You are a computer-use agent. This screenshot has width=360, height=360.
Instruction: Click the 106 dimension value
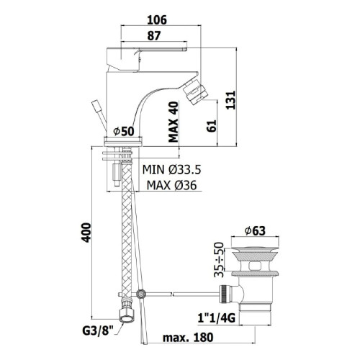(x=157, y=19)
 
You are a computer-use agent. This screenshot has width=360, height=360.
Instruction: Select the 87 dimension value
(x=154, y=36)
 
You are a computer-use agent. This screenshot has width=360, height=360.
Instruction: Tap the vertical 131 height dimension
(x=231, y=100)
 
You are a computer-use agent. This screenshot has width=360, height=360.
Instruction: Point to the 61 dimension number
(x=212, y=126)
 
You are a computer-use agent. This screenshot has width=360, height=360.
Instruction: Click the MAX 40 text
(x=174, y=122)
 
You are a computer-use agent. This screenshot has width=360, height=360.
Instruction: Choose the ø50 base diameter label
(x=124, y=131)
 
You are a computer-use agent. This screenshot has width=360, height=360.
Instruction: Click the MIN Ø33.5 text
(x=171, y=170)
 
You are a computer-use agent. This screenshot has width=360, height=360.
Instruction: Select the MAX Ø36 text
(x=171, y=185)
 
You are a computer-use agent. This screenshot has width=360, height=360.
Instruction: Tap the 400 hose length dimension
(x=86, y=233)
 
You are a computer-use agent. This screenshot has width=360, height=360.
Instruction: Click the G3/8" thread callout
(x=98, y=331)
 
